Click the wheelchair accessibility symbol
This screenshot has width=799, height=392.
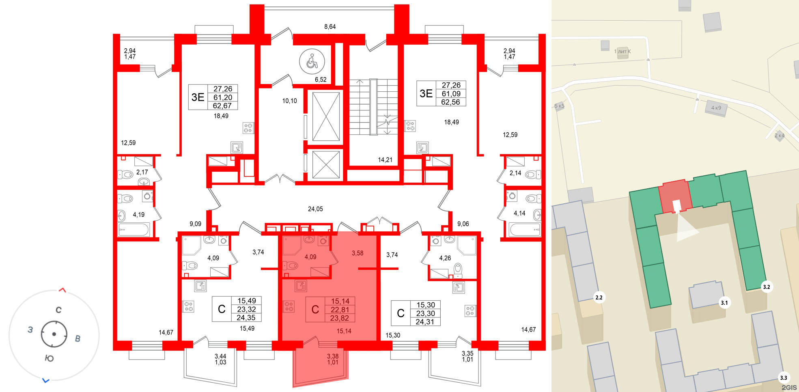pos(312,62)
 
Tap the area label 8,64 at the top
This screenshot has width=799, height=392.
pos(330,27)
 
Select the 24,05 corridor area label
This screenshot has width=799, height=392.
pos(315,209)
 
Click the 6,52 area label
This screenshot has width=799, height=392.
pos(321,80)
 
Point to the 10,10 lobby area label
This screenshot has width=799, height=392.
pos(289,101)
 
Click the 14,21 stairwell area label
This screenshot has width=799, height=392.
pos(385,160)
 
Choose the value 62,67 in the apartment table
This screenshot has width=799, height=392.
pos(222,106)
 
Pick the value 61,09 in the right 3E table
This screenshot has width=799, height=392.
pos(451,94)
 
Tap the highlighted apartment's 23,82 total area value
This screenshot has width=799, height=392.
pos(340,318)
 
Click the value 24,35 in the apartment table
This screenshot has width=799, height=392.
pos(246,318)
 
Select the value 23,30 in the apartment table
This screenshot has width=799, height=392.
pos(425,313)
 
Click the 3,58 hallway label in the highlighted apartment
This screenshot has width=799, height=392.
pos(358,253)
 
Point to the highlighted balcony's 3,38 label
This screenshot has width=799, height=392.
pos(333,356)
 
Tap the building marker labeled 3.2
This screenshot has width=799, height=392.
pos(766,287)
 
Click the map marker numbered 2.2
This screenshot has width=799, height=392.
pos(599,297)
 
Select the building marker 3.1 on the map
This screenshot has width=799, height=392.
pos(724,303)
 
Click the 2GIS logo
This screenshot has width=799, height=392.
pos(789,388)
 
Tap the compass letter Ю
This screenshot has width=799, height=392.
pos(49,358)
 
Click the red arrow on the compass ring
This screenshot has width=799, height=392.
pos(62,290)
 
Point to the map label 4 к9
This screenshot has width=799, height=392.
pos(716,108)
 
